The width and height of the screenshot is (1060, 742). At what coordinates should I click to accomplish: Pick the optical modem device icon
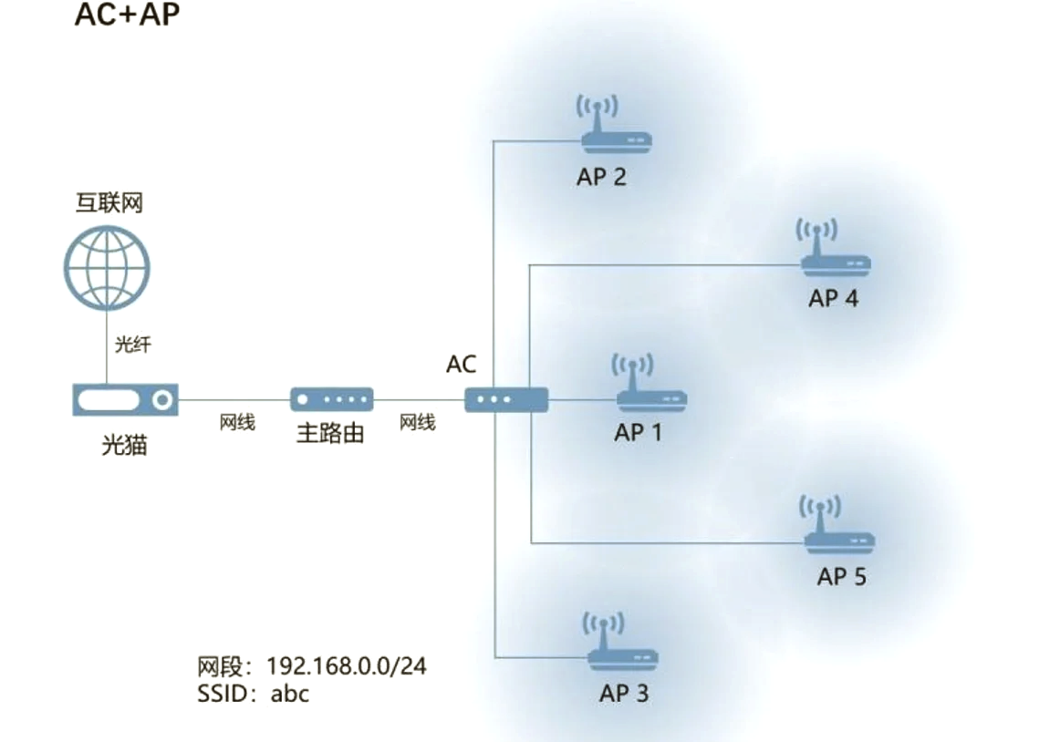[x=125, y=399]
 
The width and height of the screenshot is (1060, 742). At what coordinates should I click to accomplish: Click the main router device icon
[x=332, y=399]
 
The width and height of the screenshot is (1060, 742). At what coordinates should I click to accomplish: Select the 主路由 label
[x=330, y=433]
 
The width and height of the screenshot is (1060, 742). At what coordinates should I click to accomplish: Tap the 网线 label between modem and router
[x=237, y=422]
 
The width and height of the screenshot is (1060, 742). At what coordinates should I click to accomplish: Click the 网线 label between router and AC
[x=417, y=422]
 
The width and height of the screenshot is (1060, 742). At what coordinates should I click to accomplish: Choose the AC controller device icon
[x=505, y=399]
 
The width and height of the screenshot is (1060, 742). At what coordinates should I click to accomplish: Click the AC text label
[x=461, y=364]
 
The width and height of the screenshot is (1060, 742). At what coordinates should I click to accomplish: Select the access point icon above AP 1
[x=650, y=383]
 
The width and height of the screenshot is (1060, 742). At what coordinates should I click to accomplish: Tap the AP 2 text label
[x=601, y=177]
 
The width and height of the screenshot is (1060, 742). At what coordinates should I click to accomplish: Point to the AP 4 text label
[x=833, y=298]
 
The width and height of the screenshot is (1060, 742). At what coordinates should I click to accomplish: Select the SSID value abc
[x=290, y=694]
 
